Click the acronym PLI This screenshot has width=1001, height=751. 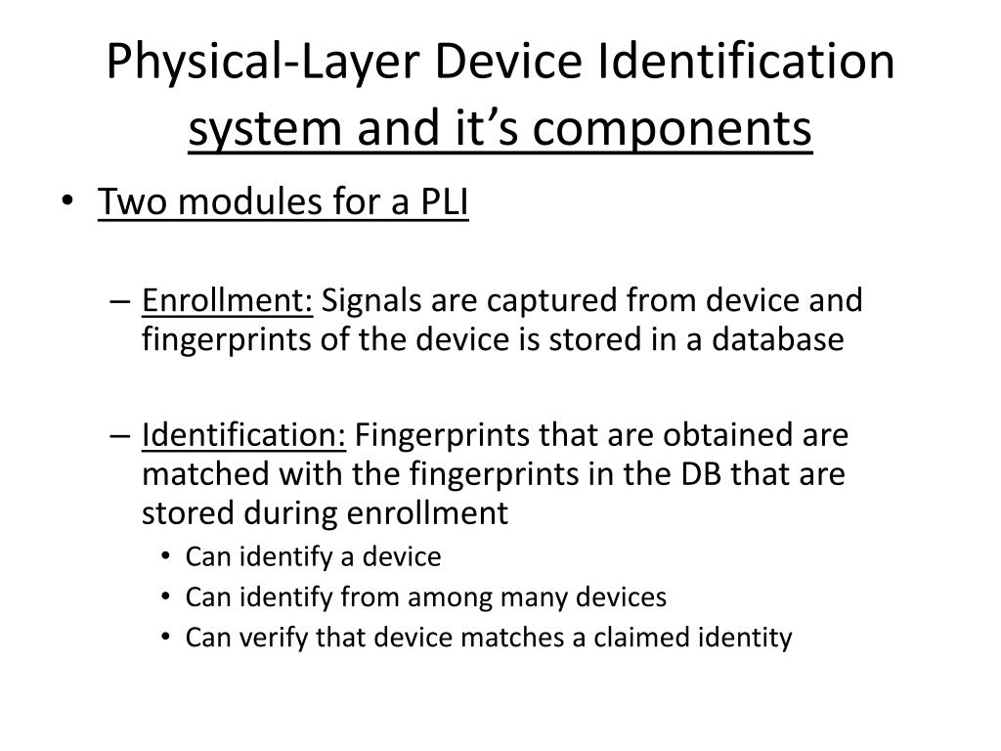click(445, 205)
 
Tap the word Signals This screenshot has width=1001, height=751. click(369, 301)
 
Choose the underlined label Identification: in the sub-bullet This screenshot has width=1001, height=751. click(243, 435)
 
